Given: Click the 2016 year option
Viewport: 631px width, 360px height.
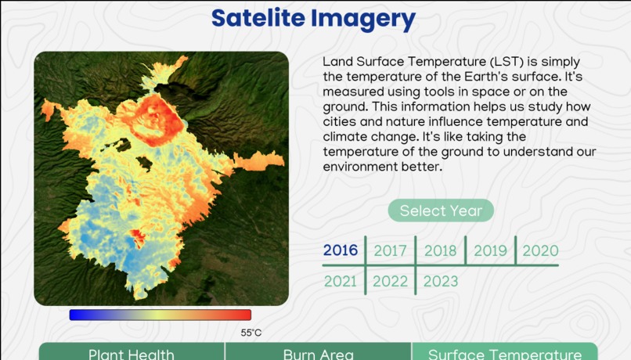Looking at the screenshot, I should [x=341, y=250].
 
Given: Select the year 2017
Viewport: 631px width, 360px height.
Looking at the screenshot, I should [x=390, y=251].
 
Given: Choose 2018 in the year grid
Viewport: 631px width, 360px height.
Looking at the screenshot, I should [x=440, y=251].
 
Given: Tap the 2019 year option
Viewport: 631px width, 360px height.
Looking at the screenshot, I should [x=490, y=251].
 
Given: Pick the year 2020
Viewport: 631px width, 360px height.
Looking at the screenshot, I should [x=540, y=251].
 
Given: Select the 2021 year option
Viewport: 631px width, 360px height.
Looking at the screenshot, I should [x=341, y=281].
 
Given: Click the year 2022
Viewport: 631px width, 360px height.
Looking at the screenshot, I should [x=390, y=281].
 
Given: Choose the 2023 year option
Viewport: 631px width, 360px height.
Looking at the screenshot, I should [x=440, y=281].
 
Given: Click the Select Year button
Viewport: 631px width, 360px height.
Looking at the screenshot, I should [x=441, y=211].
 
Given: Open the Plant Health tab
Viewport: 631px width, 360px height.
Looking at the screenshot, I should [x=131, y=354].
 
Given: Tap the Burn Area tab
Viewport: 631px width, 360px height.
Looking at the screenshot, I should [x=318, y=354].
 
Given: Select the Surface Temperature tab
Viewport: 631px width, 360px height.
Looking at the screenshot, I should [x=504, y=354].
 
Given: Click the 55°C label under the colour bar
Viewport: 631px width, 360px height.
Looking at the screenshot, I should [x=251, y=333].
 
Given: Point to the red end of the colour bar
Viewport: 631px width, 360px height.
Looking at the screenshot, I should [x=244, y=315].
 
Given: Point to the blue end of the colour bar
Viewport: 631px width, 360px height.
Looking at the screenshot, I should [x=76, y=315].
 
